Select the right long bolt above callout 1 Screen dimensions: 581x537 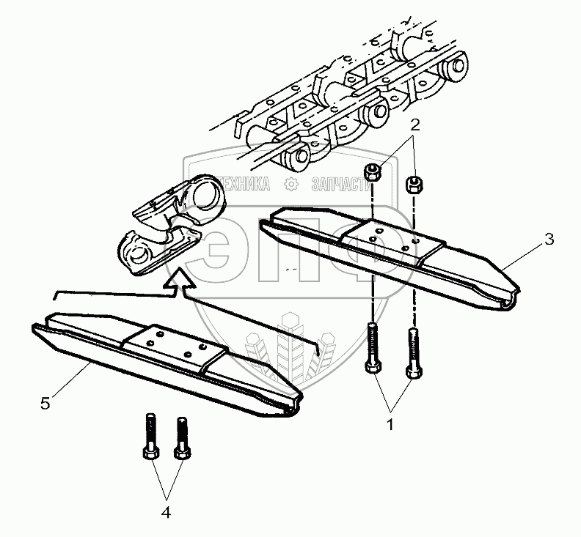(x=413, y=354)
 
